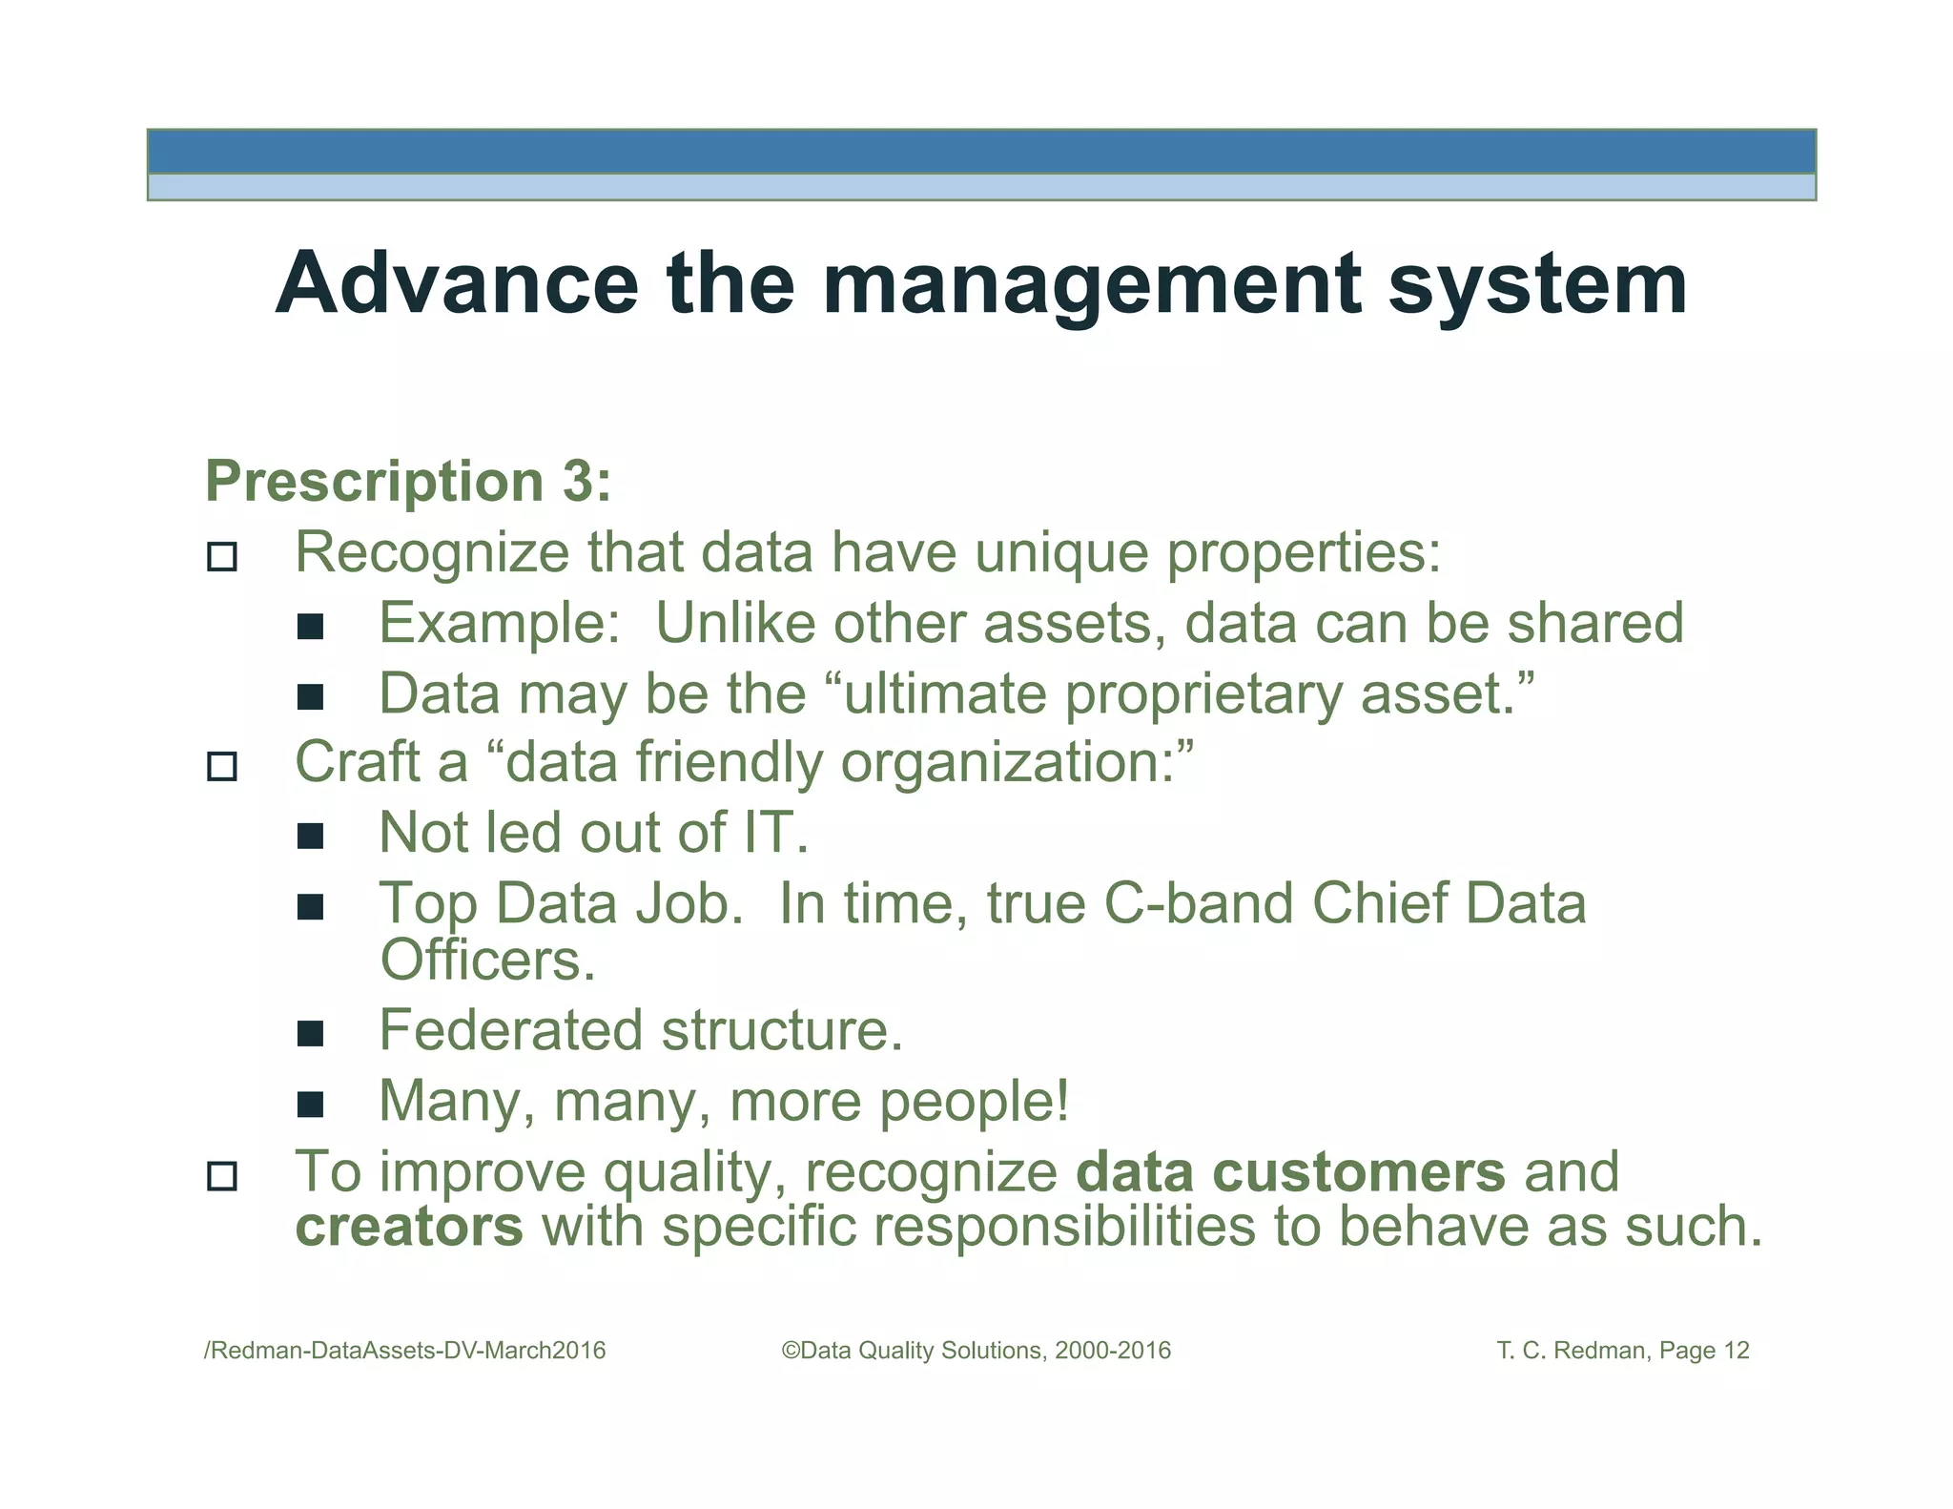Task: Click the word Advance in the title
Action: [x=457, y=283]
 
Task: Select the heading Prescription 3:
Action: [x=408, y=481]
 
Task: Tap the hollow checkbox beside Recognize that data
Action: [x=222, y=556]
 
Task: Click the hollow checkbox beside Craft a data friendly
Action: [x=222, y=766]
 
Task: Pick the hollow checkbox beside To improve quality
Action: [x=222, y=1175]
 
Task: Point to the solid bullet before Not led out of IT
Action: [x=310, y=837]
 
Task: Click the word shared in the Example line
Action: [x=1594, y=623]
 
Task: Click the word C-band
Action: [x=1198, y=903]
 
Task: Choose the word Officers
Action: [x=486, y=961]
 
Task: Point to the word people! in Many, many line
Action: [x=974, y=1103]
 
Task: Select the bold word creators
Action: [x=409, y=1227]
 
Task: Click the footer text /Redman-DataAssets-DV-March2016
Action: [x=405, y=1351]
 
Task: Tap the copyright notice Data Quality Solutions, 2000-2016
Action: [x=976, y=1351]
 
